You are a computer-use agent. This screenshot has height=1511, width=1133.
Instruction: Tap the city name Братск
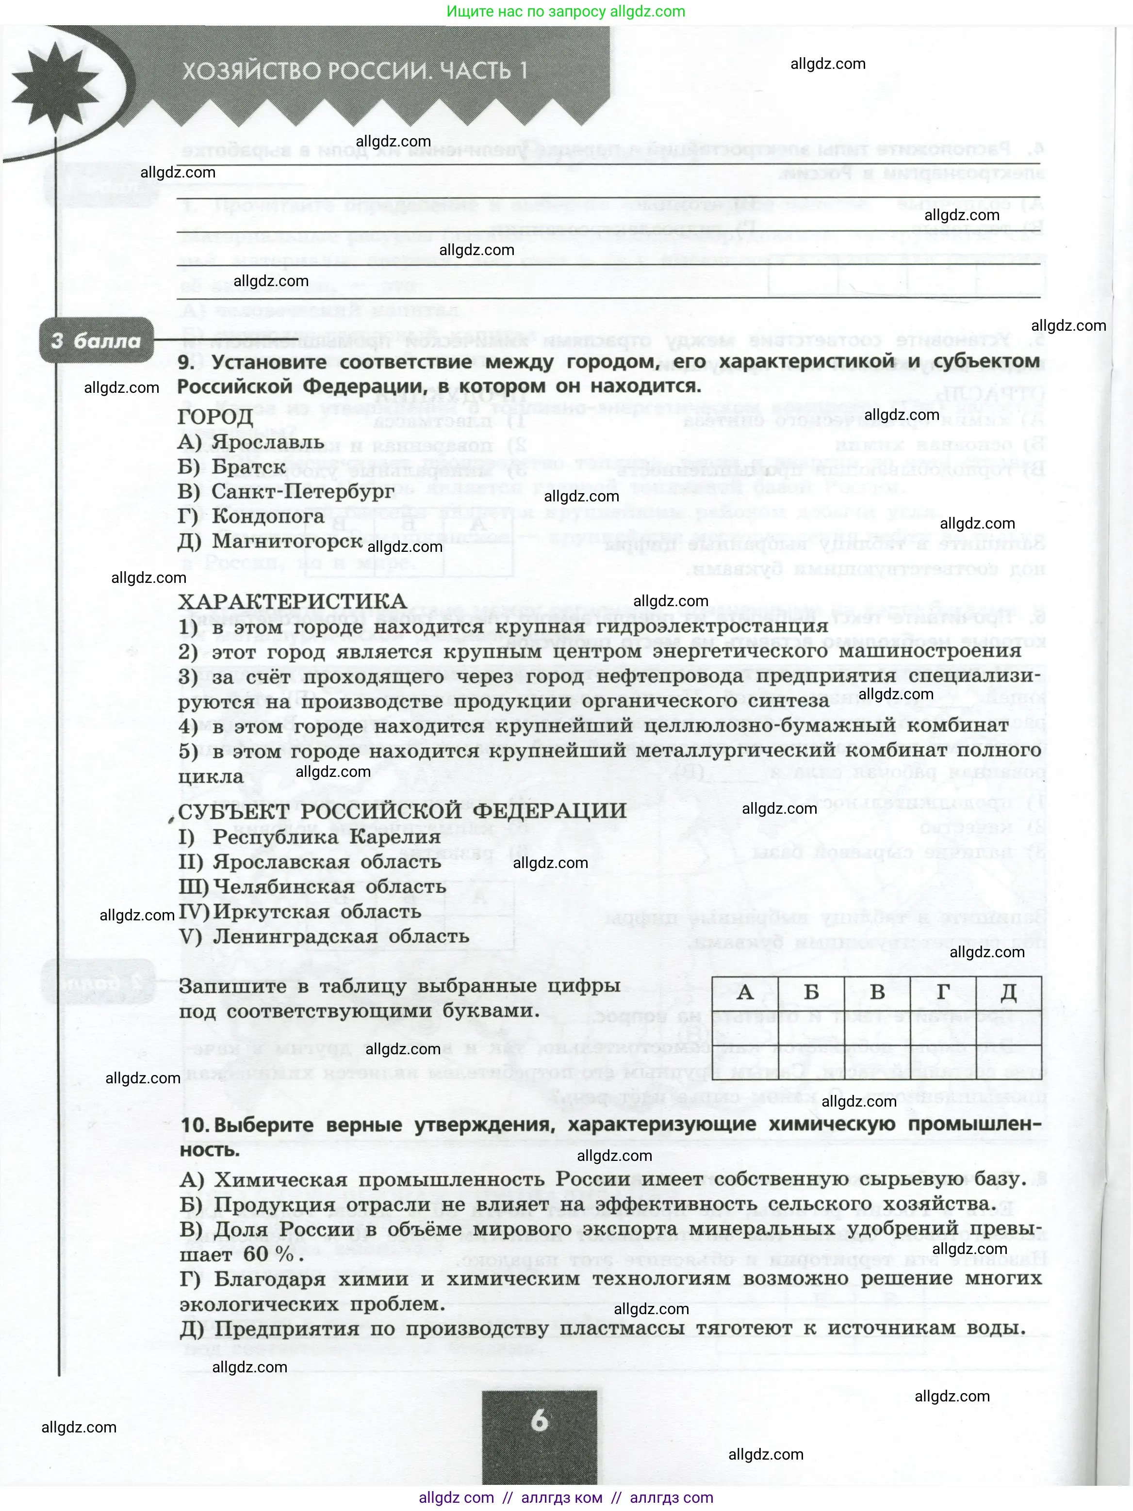[x=248, y=467]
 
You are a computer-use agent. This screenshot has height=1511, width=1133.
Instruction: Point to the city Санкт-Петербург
[x=303, y=492]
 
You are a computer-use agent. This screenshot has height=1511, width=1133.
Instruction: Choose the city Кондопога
[x=268, y=516]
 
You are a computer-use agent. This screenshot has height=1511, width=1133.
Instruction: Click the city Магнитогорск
[x=287, y=541]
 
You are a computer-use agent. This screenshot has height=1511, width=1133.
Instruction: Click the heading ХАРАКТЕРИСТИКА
[x=293, y=601]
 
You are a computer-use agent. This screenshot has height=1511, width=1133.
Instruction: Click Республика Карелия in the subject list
[x=327, y=837]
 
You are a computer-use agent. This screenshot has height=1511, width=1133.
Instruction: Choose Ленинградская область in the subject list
[x=340, y=936]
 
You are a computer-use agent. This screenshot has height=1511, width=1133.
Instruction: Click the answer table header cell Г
[x=943, y=992]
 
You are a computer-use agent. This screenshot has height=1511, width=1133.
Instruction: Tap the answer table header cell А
[x=745, y=992]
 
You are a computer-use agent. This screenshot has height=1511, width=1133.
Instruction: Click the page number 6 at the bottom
[x=539, y=1421]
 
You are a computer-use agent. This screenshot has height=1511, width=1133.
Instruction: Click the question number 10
[x=194, y=1125]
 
